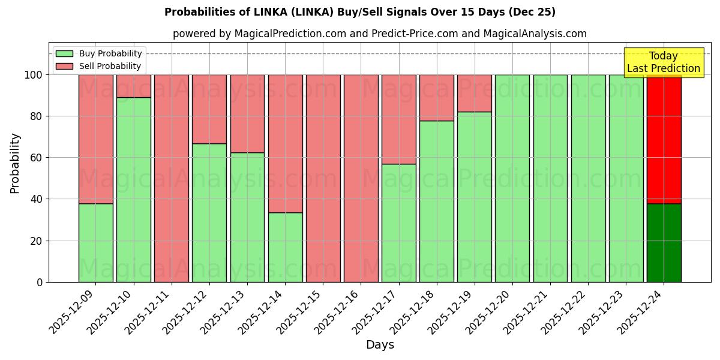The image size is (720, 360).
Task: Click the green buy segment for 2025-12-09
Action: click(x=95, y=242)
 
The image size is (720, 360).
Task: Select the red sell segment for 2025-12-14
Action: click(x=285, y=143)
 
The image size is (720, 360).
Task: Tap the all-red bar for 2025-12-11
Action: click(x=172, y=178)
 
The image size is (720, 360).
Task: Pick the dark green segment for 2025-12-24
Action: click(x=664, y=242)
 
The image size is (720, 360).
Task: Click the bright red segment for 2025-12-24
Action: click(x=664, y=139)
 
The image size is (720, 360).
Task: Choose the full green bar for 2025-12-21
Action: click(x=550, y=178)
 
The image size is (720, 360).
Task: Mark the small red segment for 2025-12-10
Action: click(x=133, y=86)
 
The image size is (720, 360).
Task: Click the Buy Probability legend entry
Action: click(x=99, y=53)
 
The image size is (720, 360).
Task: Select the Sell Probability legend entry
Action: click(x=99, y=66)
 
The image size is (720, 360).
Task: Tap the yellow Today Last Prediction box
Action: click(x=664, y=62)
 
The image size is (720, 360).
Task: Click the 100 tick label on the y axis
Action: click(x=34, y=75)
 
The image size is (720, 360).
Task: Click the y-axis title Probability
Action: click(x=15, y=163)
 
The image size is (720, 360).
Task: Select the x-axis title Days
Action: click(x=380, y=345)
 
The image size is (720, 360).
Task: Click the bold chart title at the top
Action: click(x=360, y=12)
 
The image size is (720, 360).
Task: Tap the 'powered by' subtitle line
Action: click(x=380, y=34)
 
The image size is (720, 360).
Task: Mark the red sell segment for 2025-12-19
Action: click(x=474, y=93)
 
